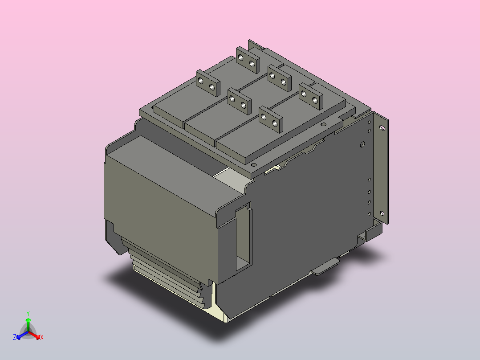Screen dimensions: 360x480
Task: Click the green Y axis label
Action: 28,313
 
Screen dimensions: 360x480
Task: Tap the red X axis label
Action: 42,338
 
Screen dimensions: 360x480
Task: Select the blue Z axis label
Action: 15,338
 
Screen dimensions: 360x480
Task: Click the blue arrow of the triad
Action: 20,335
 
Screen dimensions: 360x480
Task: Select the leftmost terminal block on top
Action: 208,83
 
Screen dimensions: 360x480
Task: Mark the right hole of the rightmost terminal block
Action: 315,100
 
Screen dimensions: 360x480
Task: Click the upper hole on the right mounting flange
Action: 382,128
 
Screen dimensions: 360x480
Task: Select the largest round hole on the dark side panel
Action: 362,144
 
